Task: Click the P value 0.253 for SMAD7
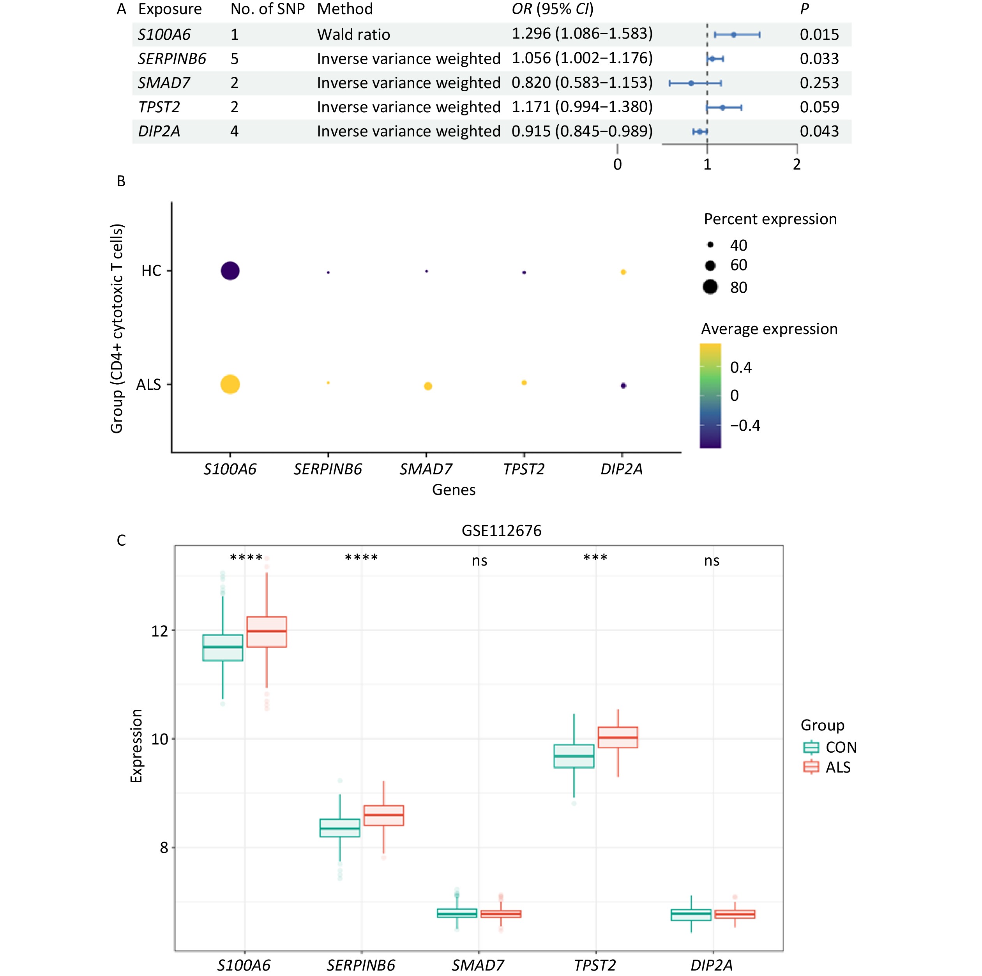819,83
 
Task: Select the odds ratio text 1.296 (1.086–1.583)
582,34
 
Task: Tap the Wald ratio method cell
353,35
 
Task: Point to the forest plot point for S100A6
733,35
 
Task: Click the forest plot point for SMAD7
691,83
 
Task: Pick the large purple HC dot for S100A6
230,271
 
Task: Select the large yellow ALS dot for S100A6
230,384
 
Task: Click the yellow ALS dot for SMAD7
428,386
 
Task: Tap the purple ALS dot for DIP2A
623,386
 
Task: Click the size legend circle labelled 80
710,287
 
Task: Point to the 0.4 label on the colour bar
740,368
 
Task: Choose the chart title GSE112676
501,531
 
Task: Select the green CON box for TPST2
574,756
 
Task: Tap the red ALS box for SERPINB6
384,815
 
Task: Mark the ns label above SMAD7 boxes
479,560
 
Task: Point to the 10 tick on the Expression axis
160,739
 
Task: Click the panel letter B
121,182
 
